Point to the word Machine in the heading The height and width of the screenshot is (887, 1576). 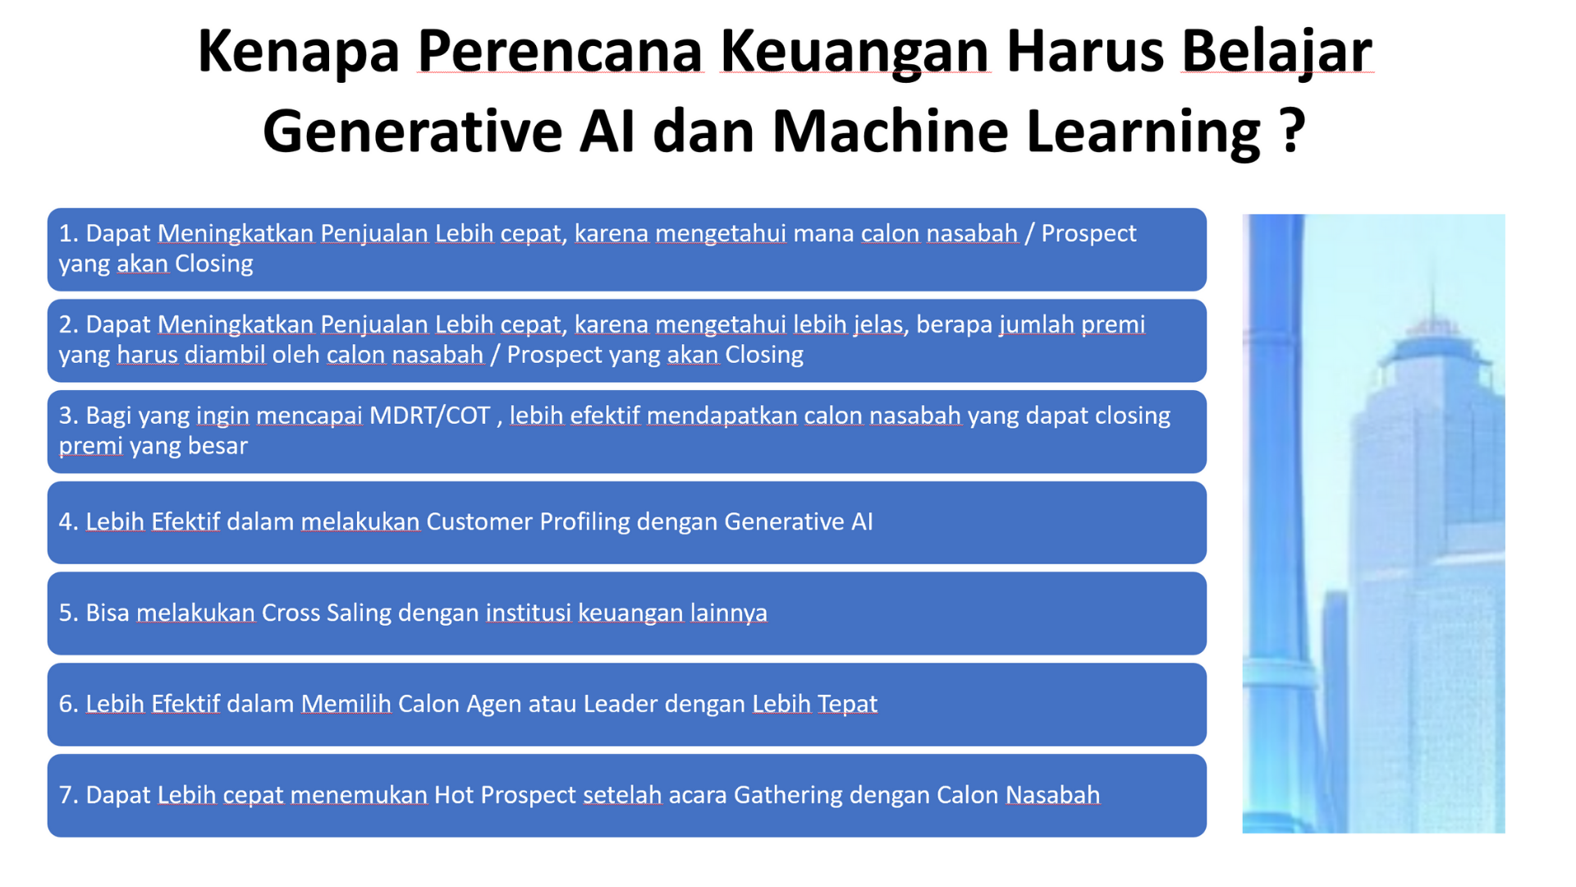890,131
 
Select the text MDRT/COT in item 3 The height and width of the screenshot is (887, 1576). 429,416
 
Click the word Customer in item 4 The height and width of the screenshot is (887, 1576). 479,522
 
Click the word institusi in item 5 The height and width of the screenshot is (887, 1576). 529,613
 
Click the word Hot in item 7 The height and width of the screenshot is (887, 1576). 454,795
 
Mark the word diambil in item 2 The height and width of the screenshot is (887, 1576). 225,355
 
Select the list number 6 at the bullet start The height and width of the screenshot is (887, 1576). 66,704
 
